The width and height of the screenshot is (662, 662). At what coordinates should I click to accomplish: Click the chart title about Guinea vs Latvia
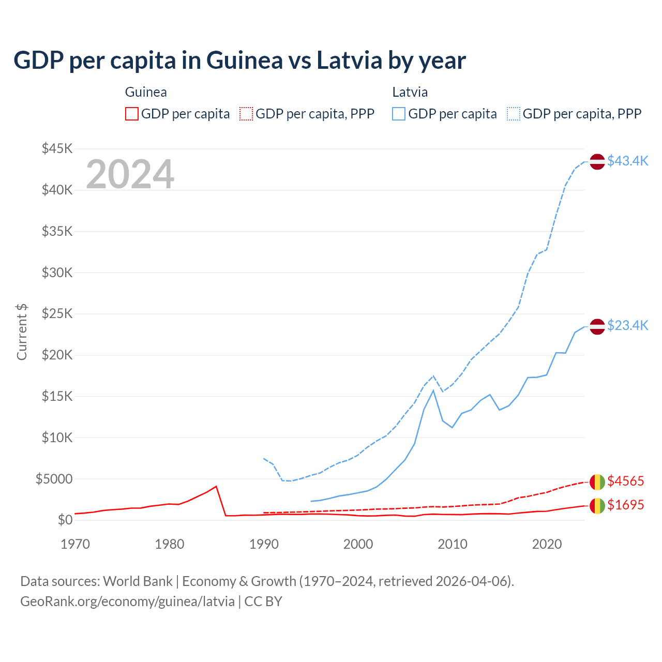coord(239,60)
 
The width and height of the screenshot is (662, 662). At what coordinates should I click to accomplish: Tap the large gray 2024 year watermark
coord(130,174)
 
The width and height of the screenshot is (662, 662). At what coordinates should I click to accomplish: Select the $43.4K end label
coord(627,161)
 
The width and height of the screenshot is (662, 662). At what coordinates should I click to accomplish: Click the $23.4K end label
coord(627,325)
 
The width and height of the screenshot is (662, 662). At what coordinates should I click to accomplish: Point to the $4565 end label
coord(625,481)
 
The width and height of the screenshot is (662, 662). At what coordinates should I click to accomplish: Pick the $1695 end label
coord(625,505)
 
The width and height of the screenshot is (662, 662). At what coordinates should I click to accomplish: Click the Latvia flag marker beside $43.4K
coord(597,161)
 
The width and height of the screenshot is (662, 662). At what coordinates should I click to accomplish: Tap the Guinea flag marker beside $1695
coord(597,505)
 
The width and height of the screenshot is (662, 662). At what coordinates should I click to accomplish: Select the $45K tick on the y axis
coord(57,149)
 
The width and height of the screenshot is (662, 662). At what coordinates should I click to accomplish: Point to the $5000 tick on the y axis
coord(54,479)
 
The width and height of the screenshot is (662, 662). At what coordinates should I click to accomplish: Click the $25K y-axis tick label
coord(57,314)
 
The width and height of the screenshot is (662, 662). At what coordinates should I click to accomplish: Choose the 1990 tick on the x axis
coord(264,544)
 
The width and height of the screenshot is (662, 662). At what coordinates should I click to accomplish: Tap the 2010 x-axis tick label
coord(453,544)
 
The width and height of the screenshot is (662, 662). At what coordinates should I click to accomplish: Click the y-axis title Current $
coord(22,332)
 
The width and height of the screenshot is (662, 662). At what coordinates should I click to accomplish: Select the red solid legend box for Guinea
coord(132,114)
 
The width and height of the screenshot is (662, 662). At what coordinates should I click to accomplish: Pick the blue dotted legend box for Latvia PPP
coord(514,114)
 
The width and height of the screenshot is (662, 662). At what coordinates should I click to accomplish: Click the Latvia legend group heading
coord(410,92)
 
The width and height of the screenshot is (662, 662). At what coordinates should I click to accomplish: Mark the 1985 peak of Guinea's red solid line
coord(216,486)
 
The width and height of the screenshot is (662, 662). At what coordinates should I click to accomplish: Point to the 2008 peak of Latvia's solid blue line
coord(433,390)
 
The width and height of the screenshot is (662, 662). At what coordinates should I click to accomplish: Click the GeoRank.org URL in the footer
coord(127,601)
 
